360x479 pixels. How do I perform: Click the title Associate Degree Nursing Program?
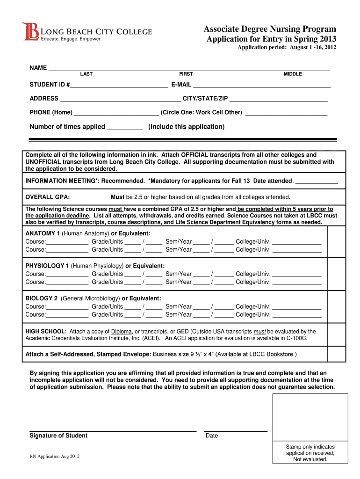pos(270,29)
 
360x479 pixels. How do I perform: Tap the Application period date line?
pos(287,48)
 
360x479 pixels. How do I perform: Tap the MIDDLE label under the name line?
pos(293,74)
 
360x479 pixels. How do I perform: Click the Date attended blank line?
pos(317,182)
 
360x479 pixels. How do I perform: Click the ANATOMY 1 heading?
pos(43,233)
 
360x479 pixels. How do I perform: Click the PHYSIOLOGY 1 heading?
pos(47,266)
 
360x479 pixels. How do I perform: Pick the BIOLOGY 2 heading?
pos(42,298)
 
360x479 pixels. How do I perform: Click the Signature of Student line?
pos(113,430)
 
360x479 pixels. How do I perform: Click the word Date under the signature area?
pos(212,436)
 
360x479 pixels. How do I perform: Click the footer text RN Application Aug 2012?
pos(54,457)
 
